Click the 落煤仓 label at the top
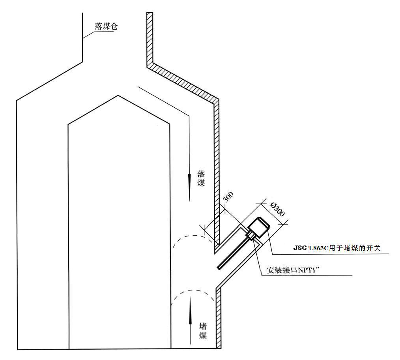click(106, 26)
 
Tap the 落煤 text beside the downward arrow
click(201, 178)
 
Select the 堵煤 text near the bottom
click(203, 331)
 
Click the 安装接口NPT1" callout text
click(293, 270)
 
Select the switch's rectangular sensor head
click(258, 227)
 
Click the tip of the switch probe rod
click(219, 267)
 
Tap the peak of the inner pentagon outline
click(118, 96)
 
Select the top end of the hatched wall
click(150, 13)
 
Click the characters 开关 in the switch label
click(374, 247)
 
